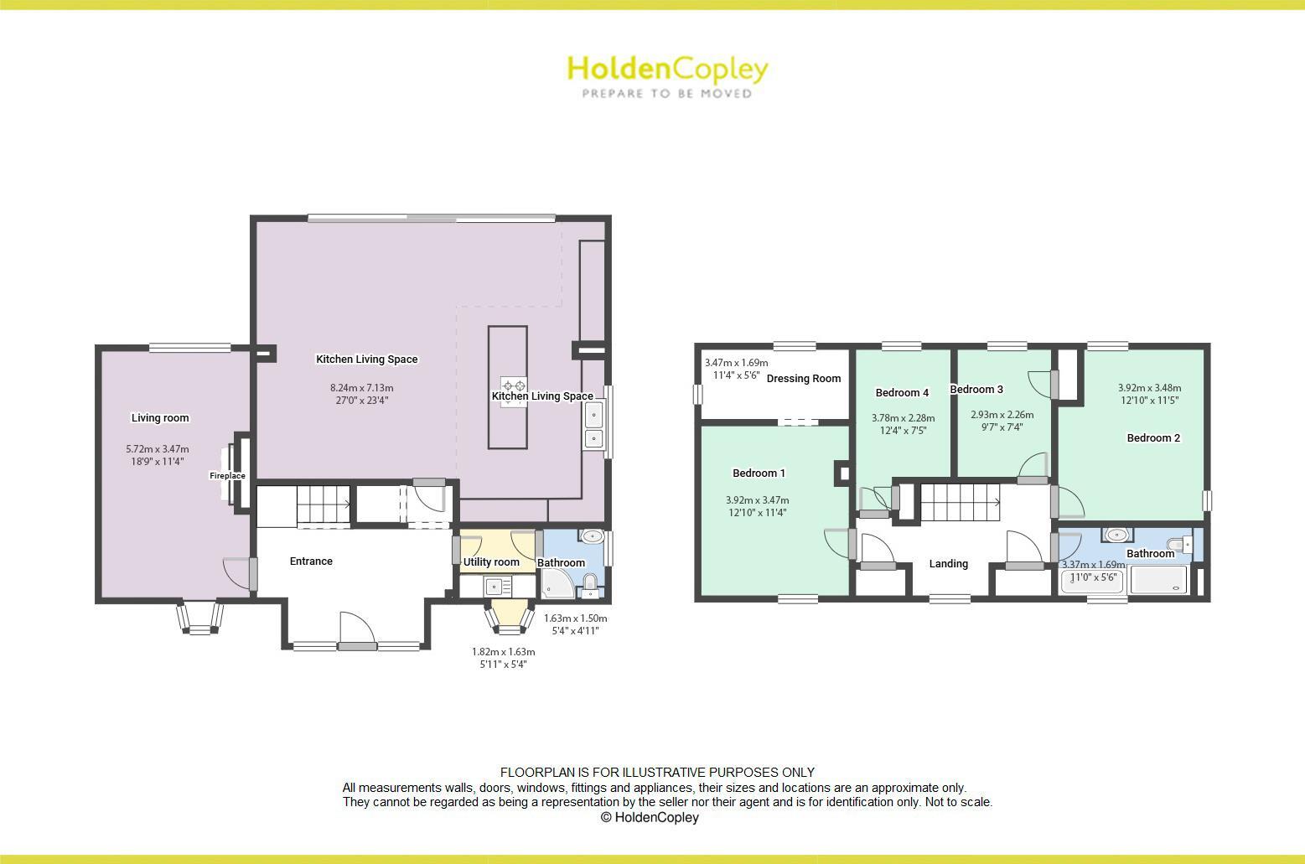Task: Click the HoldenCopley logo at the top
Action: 667,69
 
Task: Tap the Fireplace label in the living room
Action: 227,476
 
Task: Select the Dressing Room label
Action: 803,379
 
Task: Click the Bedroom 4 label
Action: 902,393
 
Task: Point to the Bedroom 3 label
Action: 976,390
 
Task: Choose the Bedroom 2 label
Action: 1153,438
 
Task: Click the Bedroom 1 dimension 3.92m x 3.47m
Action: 757,500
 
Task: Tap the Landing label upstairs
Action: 948,564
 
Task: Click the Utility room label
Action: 491,562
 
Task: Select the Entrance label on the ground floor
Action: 311,561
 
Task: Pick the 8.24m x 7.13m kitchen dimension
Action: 361,388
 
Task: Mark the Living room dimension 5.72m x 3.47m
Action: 158,449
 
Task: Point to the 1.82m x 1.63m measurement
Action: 503,652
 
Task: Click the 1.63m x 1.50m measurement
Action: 575,618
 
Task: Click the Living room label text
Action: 160,418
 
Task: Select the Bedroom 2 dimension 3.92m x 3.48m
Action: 1149,388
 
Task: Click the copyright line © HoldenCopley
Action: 650,817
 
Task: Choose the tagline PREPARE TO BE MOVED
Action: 667,94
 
